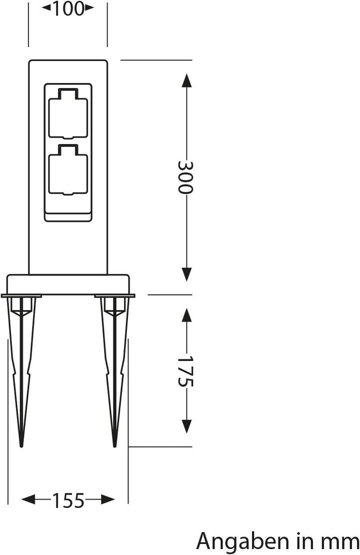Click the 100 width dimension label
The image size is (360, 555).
click(67, 8)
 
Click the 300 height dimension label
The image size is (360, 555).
click(186, 177)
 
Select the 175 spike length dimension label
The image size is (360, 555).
click(186, 371)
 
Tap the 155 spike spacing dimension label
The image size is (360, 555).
click(68, 499)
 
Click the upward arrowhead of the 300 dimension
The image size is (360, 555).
click(186, 80)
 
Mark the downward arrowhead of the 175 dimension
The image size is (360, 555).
click(186, 426)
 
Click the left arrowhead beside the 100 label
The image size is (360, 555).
click(45, 7)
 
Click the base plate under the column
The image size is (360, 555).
click(67, 284)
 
